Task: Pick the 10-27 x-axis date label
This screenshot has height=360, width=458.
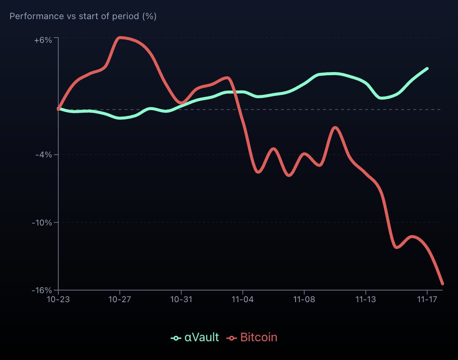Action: [119, 300]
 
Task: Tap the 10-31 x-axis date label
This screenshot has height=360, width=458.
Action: [181, 300]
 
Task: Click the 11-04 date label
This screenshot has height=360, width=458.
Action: [242, 300]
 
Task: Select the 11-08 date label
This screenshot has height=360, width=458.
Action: [304, 300]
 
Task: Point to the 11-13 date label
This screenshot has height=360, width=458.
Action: [365, 300]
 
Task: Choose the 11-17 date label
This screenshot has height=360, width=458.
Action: [427, 300]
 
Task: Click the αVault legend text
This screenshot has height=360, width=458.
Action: [202, 337]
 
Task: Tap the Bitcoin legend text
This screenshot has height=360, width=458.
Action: [259, 337]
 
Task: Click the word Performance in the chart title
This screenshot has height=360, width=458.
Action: [32, 16]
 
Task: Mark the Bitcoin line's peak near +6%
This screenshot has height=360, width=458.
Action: [120, 37]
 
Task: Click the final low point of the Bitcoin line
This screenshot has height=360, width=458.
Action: [442, 283]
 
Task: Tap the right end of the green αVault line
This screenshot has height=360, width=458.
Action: [427, 69]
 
